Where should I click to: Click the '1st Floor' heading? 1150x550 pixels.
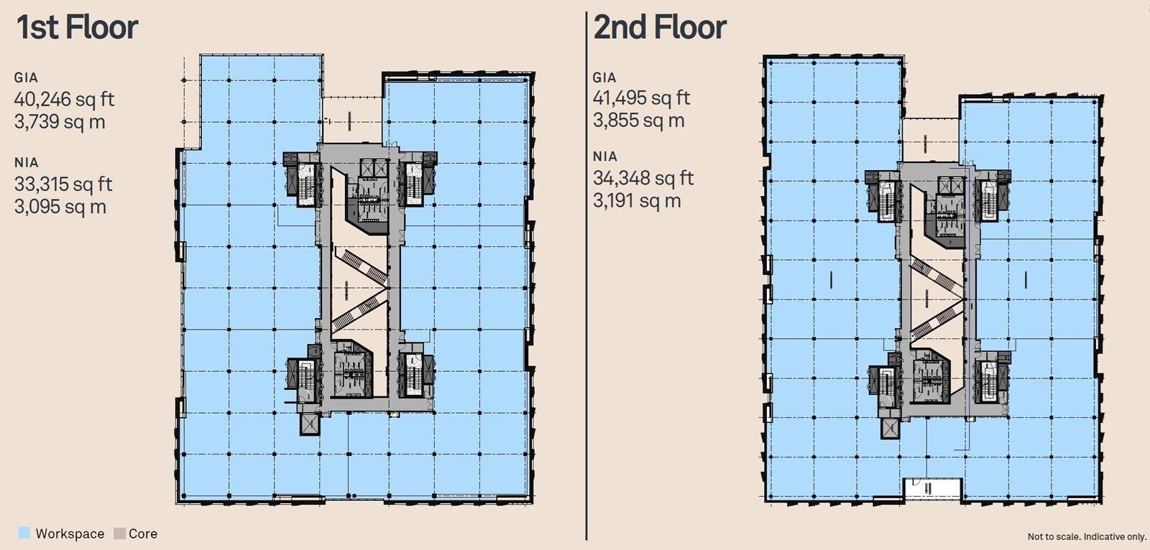77,27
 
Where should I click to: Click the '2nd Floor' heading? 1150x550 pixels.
660,27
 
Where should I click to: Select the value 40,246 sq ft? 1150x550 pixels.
65,99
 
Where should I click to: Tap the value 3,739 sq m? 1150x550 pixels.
60,121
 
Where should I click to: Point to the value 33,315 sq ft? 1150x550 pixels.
63,184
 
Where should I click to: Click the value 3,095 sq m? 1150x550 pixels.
60,207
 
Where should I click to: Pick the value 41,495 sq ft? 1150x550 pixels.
641,98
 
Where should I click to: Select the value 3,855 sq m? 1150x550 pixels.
638,120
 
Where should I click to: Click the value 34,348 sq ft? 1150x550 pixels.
643,177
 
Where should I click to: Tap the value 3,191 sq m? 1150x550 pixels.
636,200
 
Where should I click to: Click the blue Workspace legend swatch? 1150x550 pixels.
24,533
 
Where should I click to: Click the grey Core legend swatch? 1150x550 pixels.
119,533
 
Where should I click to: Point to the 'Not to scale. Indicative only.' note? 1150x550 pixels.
1086,536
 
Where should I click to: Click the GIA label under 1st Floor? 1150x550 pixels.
26,78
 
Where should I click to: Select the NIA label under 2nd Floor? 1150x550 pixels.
604,157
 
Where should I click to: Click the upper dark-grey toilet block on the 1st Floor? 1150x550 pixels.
367,202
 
